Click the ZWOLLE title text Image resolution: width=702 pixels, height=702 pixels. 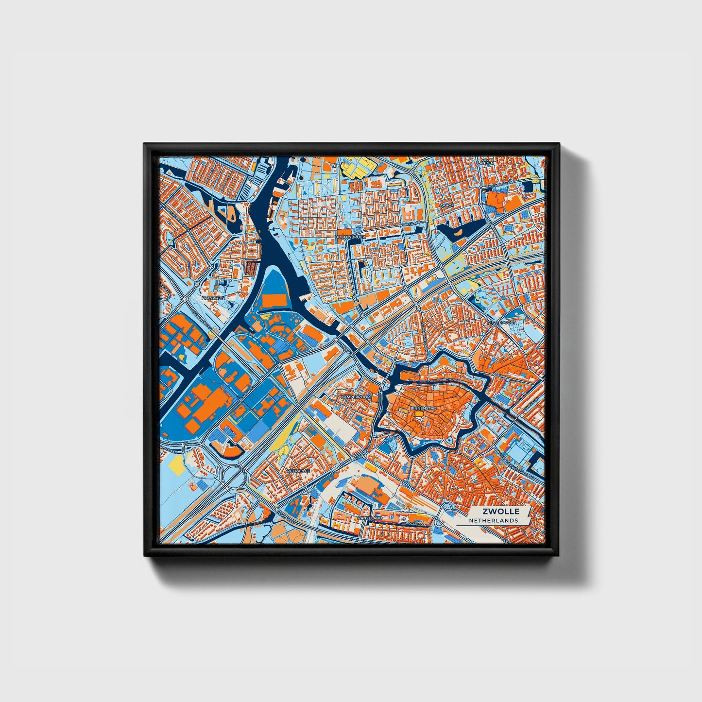(x=501, y=512)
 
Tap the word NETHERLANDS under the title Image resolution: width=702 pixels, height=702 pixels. (x=493, y=520)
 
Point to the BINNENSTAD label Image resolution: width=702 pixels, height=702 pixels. (x=424, y=409)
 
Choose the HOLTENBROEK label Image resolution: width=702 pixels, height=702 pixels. (x=350, y=237)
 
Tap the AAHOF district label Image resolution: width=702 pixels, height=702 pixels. (x=446, y=205)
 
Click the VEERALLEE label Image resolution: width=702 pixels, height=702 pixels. (x=298, y=471)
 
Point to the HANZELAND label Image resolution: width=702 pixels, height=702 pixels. (x=370, y=518)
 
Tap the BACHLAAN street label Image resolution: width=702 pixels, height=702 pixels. (x=411, y=223)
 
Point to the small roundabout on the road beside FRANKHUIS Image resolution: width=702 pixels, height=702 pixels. (x=197, y=283)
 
